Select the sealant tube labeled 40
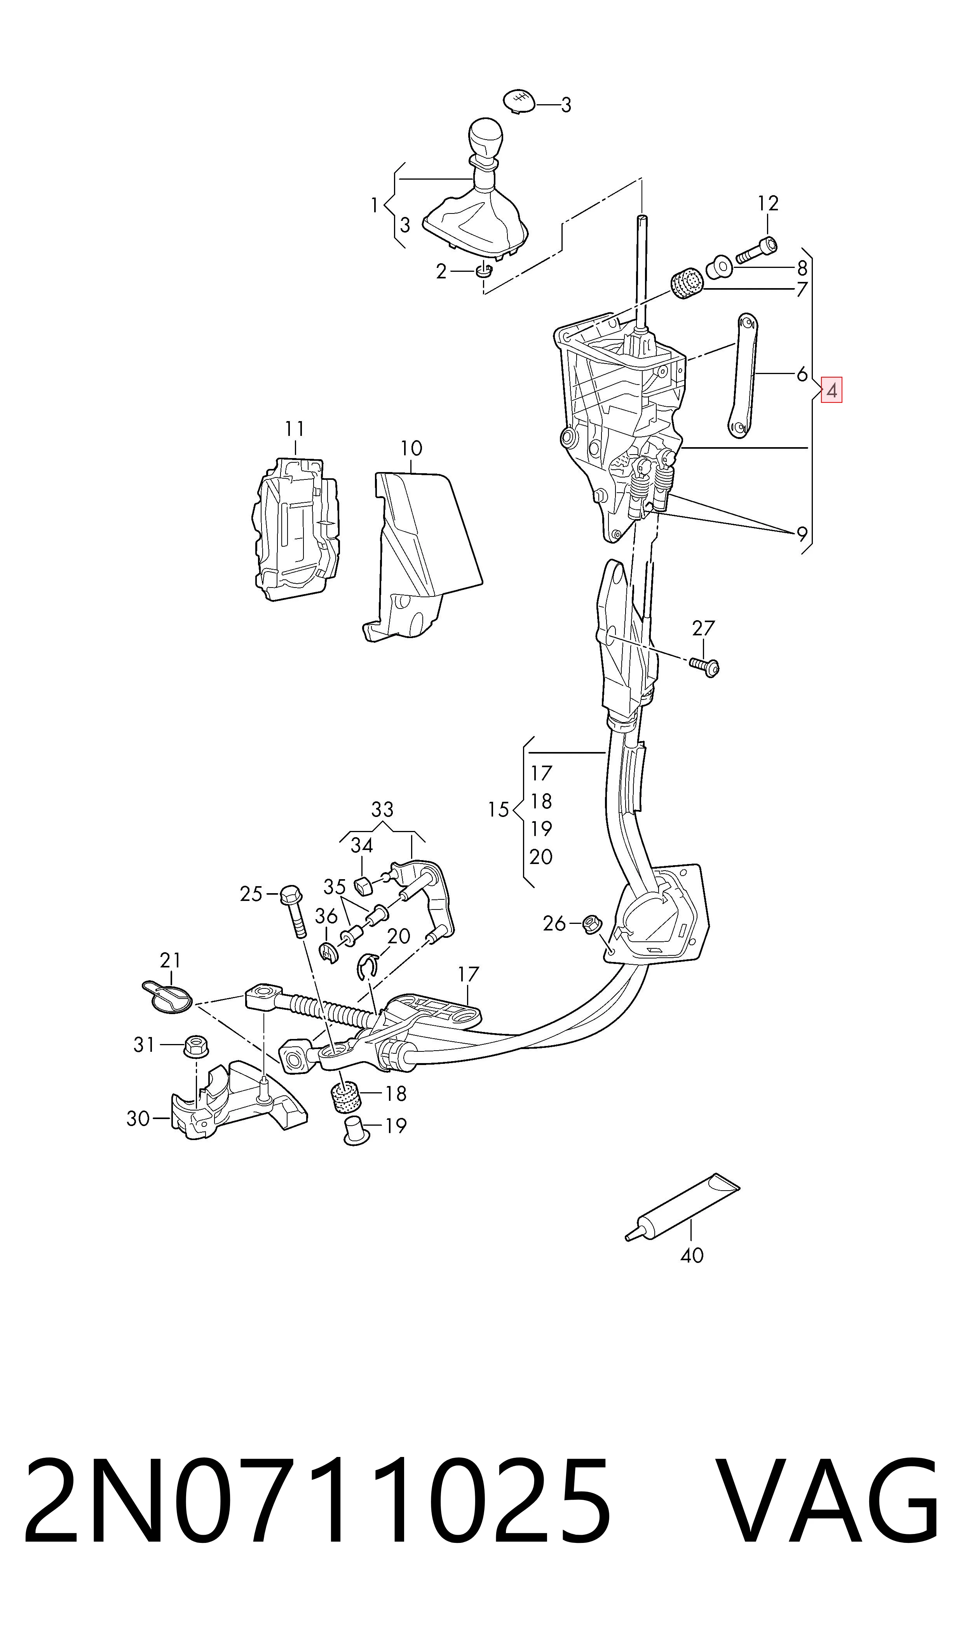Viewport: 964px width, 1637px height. click(682, 1207)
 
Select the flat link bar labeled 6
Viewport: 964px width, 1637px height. click(742, 376)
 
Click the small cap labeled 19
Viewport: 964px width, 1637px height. click(355, 1130)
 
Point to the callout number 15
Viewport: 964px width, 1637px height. click(498, 810)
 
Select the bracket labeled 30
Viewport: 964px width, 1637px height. click(239, 1100)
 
